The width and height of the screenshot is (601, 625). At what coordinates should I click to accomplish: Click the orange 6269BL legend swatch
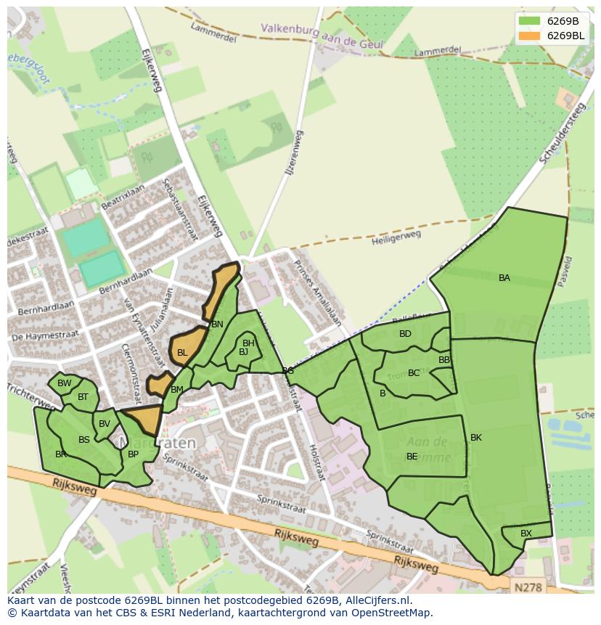pyautogui.click(x=530, y=36)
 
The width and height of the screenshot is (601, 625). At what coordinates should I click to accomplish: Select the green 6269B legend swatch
pyautogui.click(x=530, y=21)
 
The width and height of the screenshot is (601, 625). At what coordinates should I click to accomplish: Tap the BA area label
pyautogui.click(x=504, y=278)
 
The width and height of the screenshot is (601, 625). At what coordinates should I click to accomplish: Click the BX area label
pyautogui.click(x=526, y=534)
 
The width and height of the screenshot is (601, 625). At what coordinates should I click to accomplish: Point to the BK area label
pyautogui.click(x=476, y=438)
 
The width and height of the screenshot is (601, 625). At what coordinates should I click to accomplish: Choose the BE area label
pyautogui.click(x=412, y=457)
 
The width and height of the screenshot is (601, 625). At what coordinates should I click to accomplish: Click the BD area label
pyautogui.click(x=405, y=334)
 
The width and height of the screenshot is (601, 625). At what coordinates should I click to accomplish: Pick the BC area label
pyautogui.click(x=414, y=373)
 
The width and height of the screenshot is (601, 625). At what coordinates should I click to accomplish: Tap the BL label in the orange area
pyautogui.click(x=182, y=353)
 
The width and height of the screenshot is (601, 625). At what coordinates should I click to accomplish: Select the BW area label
pyautogui.click(x=65, y=383)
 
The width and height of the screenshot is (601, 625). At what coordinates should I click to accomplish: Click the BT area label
pyautogui.click(x=83, y=397)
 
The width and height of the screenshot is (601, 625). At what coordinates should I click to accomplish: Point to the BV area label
pyautogui.click(x=105, y=424)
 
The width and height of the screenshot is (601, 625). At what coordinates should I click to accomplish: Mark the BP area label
pyautogui.click(x=133, y=454)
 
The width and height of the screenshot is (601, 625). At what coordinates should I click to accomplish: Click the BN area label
pyautogui.click(x=217, y=324)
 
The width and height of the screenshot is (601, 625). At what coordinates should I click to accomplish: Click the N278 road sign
pyautogui.click(x=526, y=585)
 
